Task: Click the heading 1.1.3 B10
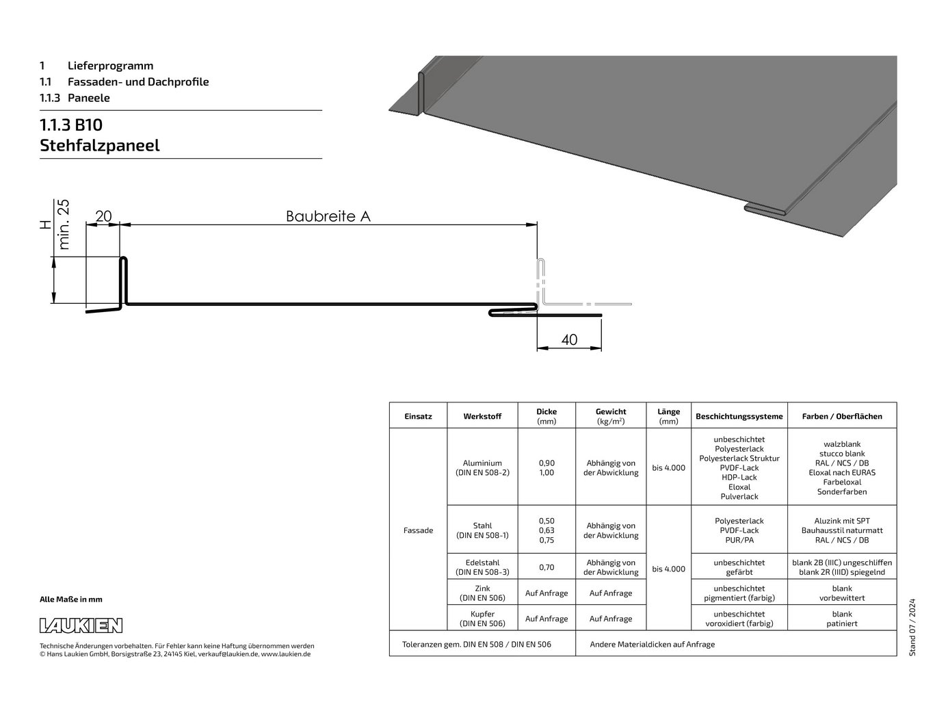71,125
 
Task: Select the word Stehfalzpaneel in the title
100,146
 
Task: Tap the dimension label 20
103,216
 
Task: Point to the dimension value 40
569,339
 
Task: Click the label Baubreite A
328,216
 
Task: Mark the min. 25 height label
64,224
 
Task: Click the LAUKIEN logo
81,625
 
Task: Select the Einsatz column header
418,417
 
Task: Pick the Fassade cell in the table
418,530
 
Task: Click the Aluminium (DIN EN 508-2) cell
482,468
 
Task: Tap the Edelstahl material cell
482,567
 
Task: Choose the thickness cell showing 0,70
547,567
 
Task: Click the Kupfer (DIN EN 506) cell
482,619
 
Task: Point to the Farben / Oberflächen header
842,417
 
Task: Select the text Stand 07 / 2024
912,628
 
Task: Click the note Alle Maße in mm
71,599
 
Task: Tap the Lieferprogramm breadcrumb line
96,66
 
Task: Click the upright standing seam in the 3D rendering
421,94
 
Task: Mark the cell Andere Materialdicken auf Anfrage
652,644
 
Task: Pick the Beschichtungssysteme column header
739,417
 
